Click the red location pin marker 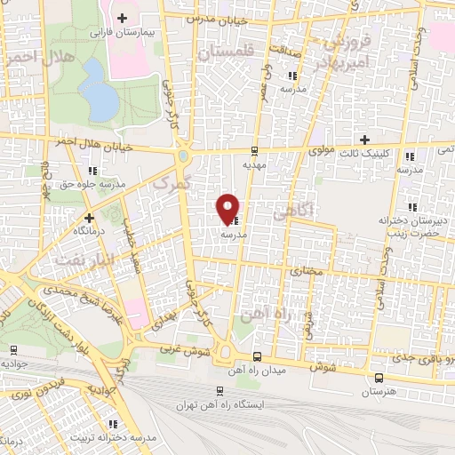click(228, 208)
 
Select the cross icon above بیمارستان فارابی click(122, 18)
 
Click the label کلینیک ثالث click(363, 151)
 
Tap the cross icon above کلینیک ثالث click(363, 139)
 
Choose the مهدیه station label click(255, 164)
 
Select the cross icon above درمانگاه click(89, 217)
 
